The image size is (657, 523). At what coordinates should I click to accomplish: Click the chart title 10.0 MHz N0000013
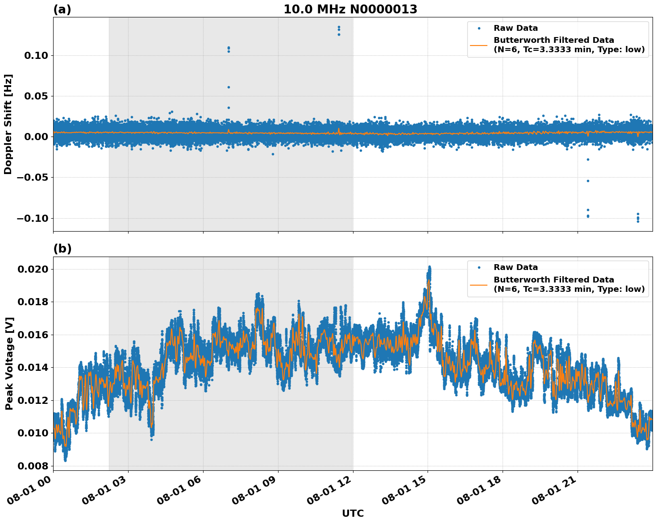[x=350, y=9]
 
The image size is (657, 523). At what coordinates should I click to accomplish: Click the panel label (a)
[x=62, y=9]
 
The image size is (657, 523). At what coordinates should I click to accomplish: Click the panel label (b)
[x=62, y=249]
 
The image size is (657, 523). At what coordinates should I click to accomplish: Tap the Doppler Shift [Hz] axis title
[x=8, y=124]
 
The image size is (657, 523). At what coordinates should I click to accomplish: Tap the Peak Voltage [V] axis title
[x=9, y=363]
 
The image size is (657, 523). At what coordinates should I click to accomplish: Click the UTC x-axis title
[x=353, y=513]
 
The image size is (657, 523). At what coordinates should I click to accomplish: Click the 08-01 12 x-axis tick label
[x=331, y=491]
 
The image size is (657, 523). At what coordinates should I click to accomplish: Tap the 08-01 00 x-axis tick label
[x=31, y=491]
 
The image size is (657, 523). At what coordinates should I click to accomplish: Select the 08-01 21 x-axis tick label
[x=555, y=491]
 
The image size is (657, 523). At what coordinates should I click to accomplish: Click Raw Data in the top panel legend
[x=516, y=28]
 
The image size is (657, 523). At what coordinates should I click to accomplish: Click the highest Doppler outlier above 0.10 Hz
[x=339, y=27]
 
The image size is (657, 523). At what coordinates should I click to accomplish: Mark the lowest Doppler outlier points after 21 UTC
[x=638, y=221]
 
